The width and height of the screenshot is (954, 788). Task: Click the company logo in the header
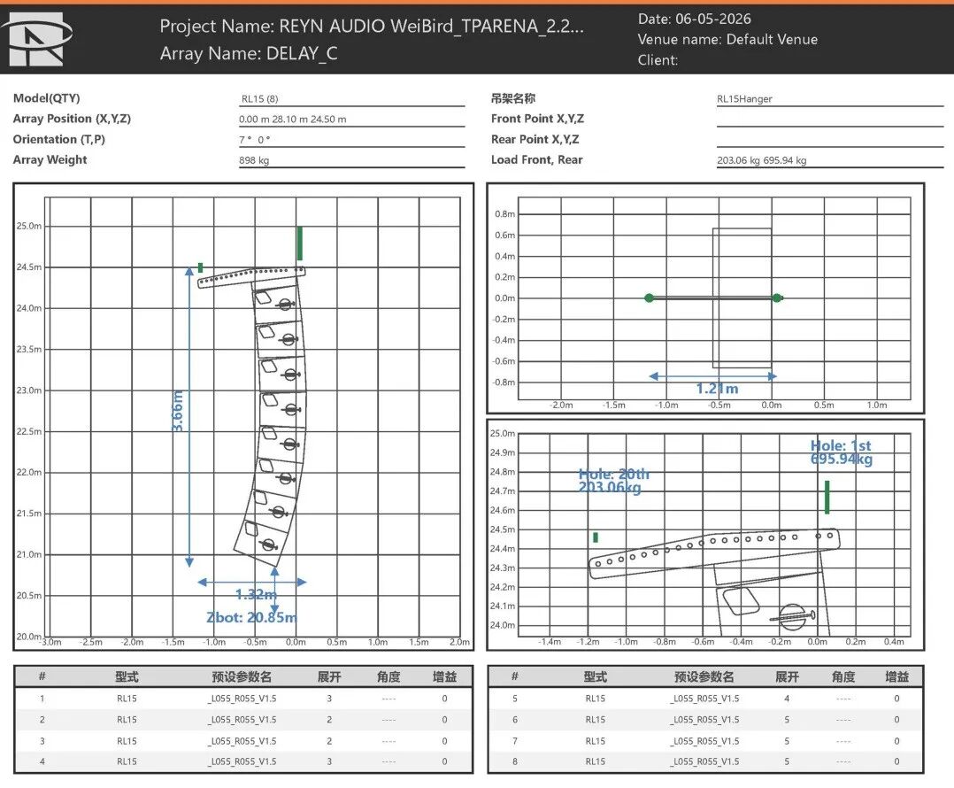36,40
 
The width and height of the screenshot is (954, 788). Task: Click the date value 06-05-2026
713,19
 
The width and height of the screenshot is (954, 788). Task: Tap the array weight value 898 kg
254,160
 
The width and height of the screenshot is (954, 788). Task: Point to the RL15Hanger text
744,98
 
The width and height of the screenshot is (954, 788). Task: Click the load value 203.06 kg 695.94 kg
761,160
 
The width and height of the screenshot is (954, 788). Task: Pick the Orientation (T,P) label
59,139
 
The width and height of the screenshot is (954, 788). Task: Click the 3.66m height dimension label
178,412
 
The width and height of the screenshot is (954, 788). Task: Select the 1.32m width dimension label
256,594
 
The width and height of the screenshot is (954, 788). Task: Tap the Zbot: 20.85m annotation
251,617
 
